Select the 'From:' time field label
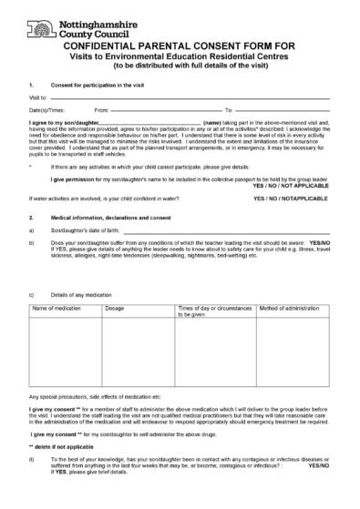tap(102, 109)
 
